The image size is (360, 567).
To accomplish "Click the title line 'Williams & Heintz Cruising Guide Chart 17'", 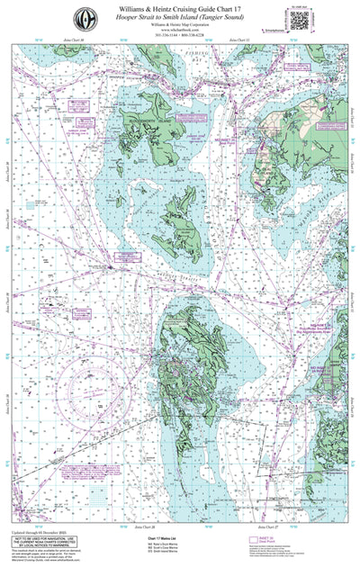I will pyautogui.click(x=180, y=7).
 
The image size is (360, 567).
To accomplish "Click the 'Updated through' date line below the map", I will pyautogui.click(x=41, y=528).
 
